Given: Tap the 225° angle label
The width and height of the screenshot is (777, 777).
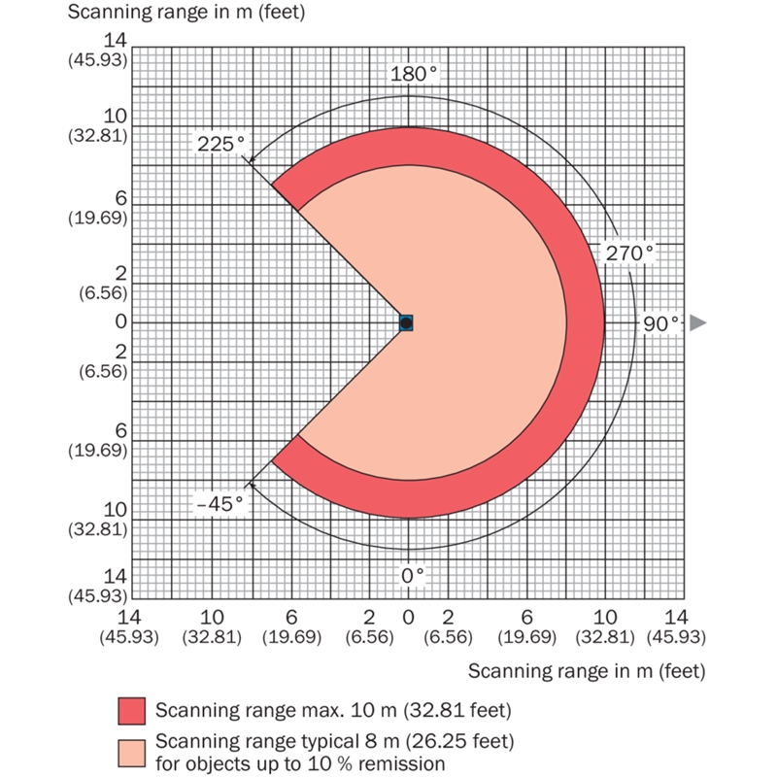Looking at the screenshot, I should (220, 144).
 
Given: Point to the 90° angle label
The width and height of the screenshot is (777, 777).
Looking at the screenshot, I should (660, 322).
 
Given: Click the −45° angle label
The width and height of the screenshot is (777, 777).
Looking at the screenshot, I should (219, 503).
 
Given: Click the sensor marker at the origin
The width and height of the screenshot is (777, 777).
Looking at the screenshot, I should (407, 322).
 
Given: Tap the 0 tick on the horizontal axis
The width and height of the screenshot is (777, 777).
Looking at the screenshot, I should (408, 617).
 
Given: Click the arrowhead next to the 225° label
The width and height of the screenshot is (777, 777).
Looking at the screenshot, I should (252, 161).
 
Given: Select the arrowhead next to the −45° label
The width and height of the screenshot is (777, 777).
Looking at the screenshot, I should (252, 483).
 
